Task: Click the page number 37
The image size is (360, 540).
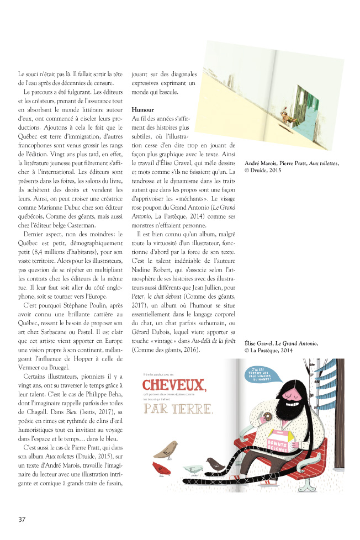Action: (x=22, y=519)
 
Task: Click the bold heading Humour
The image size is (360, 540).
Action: (x=143, y=110)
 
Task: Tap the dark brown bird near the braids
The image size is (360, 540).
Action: (x=213, y=463)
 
